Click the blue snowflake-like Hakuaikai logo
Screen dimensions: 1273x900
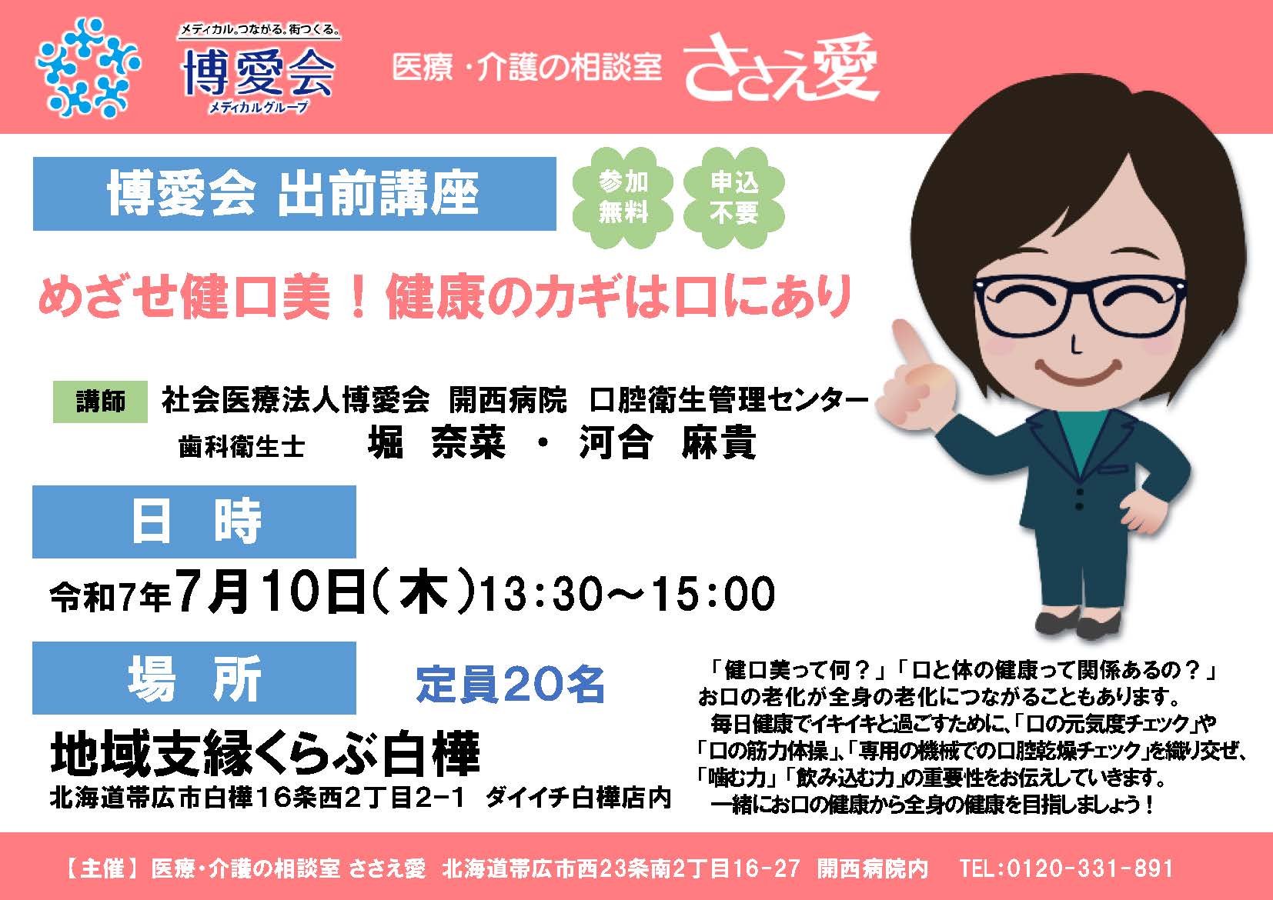pyautogui.click(x=87, y=68)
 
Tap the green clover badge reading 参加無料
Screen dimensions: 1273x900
pyautogui.click(x=623, y=197)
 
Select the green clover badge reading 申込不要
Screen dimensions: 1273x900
pyautogui.click(x=733, y=197)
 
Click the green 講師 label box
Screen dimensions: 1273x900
pyautogui.click(x=100, y=402)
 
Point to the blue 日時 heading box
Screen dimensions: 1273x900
pyautogui.click(x=195, y=522)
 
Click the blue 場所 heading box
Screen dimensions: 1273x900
pyautogui.click(x=195, y=678)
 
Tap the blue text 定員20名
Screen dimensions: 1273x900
pyautogui.click(x=510, y=684)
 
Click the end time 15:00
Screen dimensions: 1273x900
pyautogui.click(x=713, y=594)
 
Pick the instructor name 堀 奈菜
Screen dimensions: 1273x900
pyautogui.click(x=436, y=442)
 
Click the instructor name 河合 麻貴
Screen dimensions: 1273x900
pyautogui.click(x=667, y=442)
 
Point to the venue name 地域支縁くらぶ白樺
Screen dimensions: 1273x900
pyautogui.click(x=266, y=754)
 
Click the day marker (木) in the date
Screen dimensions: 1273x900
pyautogui.click(x=423, y=593)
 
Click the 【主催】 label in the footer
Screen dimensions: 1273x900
pyautogui.click(x=102, y=868)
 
